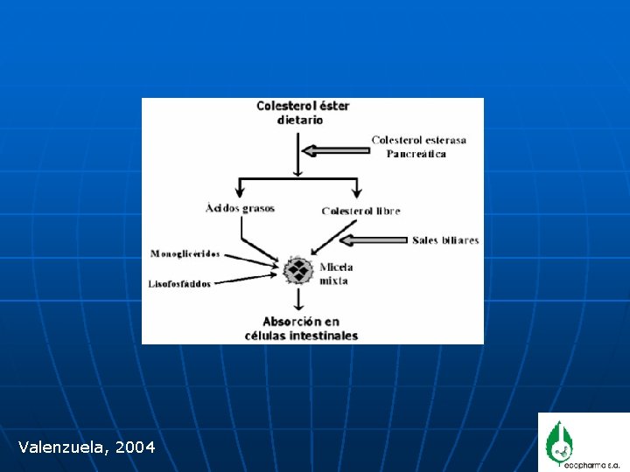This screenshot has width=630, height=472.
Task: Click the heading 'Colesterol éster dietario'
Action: pos(302,113)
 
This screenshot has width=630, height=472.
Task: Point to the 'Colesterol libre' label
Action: pos(360,211)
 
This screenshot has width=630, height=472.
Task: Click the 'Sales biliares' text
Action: pos(445,240)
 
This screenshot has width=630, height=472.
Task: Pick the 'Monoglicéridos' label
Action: pos(185,254)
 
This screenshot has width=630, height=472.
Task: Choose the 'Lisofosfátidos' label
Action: pos(180,284)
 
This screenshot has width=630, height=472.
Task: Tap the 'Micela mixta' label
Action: pos(335,274)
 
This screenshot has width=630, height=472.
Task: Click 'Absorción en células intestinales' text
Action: pos(301,329)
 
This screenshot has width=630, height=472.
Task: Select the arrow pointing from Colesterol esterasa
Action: pos(333,149)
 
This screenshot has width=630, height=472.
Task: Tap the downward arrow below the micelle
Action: pos(299,300)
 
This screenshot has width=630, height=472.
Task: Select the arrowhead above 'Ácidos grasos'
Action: pos(239,191)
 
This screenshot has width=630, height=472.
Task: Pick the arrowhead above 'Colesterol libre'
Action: pos(357,191)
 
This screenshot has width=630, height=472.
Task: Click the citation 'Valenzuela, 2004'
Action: pos(87,448)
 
